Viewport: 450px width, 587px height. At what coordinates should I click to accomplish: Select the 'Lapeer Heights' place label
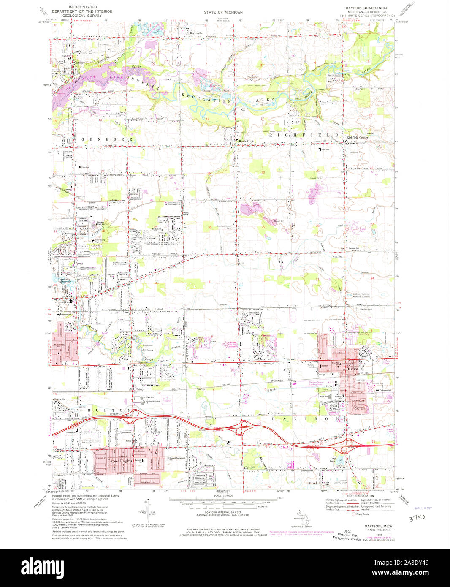click(120, 461)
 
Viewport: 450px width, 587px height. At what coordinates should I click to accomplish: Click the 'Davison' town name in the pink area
click(352, 369)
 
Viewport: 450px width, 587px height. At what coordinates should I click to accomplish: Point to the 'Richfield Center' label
click(358, 138)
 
